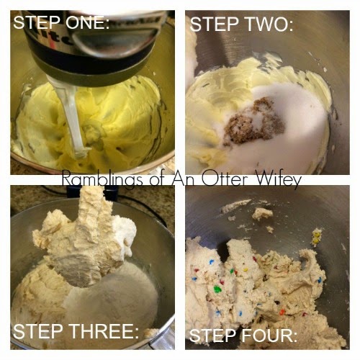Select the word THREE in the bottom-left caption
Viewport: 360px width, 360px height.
[x=104, y=331]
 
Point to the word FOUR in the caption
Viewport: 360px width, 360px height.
[x=269, y=336]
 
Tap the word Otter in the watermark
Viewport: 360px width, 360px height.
[x=224, y=178]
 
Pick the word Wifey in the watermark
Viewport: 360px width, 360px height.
[x=277, y=180]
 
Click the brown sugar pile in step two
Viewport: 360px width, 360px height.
[x=254, y=121]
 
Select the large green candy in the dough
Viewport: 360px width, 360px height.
[x=217, y=289]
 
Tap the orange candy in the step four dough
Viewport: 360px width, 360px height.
[x=282, y=312]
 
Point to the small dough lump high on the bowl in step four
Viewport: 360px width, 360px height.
[x=262, y=213]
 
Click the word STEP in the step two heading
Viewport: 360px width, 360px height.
[x=214, y=24]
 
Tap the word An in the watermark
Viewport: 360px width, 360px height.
[x=185, y=178]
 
